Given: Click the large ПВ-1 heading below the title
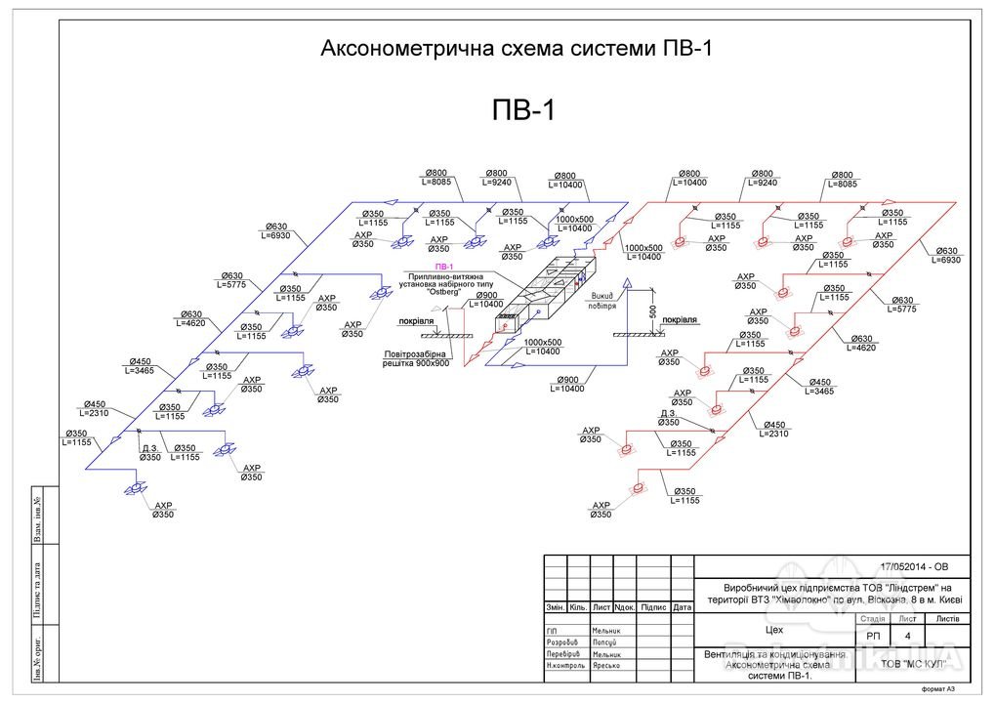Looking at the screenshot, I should point(522,110).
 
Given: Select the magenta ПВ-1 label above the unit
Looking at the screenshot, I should point(445,266).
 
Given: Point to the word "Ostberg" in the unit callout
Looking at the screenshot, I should point(444,293).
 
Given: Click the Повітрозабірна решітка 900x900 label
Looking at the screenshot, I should point(415,357).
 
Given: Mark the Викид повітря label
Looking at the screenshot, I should point(601,298).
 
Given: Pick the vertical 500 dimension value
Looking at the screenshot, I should point(652,311).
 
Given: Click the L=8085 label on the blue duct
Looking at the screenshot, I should point(435,181).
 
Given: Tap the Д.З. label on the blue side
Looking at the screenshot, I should point(150,448).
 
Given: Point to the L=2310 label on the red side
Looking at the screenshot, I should point(773,434).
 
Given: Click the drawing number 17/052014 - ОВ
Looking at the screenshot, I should point(913,567).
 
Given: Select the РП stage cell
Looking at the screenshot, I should point(872,637).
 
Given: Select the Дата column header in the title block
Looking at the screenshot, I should point(682,607).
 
